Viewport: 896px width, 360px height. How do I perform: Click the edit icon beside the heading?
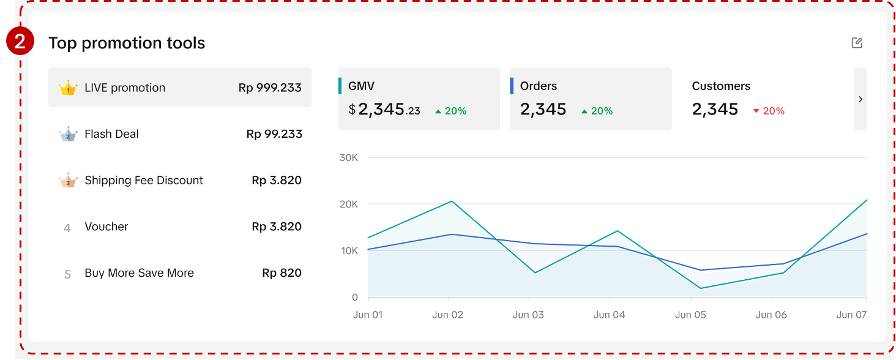pyautogui.click(x=857, y=43)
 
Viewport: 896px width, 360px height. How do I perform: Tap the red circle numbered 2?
pyautogui.click(x=20, y=42)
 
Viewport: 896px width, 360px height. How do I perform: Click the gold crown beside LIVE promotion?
pyautogui.click(x=68, y=88)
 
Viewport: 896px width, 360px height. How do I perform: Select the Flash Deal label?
pyautogui.click(x=111, y=134)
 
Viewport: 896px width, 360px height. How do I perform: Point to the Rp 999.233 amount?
pyautogui.click(x=270, y=88)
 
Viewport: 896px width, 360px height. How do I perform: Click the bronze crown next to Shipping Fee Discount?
pyautogui.click(x=68, y=181)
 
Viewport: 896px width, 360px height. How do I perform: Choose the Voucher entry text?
pyautogui.click(x=106, y=227)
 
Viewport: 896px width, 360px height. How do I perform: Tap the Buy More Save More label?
pyautogui.click(x=139, y=273)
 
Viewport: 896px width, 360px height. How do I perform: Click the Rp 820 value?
pyautogui.click(x=282, y=273)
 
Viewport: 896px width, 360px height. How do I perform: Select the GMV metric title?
pyautogui.click(x=361, y=86)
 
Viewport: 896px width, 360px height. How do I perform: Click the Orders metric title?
pyautogui.click(x=539, y=86)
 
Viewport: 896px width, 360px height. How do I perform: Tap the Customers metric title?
pyautogui.click(x=721, y=86)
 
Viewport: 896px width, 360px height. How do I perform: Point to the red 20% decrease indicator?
pyautogui.click(x=769, y=111)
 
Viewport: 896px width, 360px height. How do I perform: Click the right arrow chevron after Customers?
pyautogui.click(x=861, y=99)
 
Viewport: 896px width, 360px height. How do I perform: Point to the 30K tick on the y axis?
pyautogui.click(x=348, y=158)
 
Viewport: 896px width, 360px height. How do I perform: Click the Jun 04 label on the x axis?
pyautogui.click(x=610, y=315)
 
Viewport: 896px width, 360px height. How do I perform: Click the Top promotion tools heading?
pyautogui.click(x=127, y=43)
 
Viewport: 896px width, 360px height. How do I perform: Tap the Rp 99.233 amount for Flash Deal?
pyautogui.click(x=274, y=134)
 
